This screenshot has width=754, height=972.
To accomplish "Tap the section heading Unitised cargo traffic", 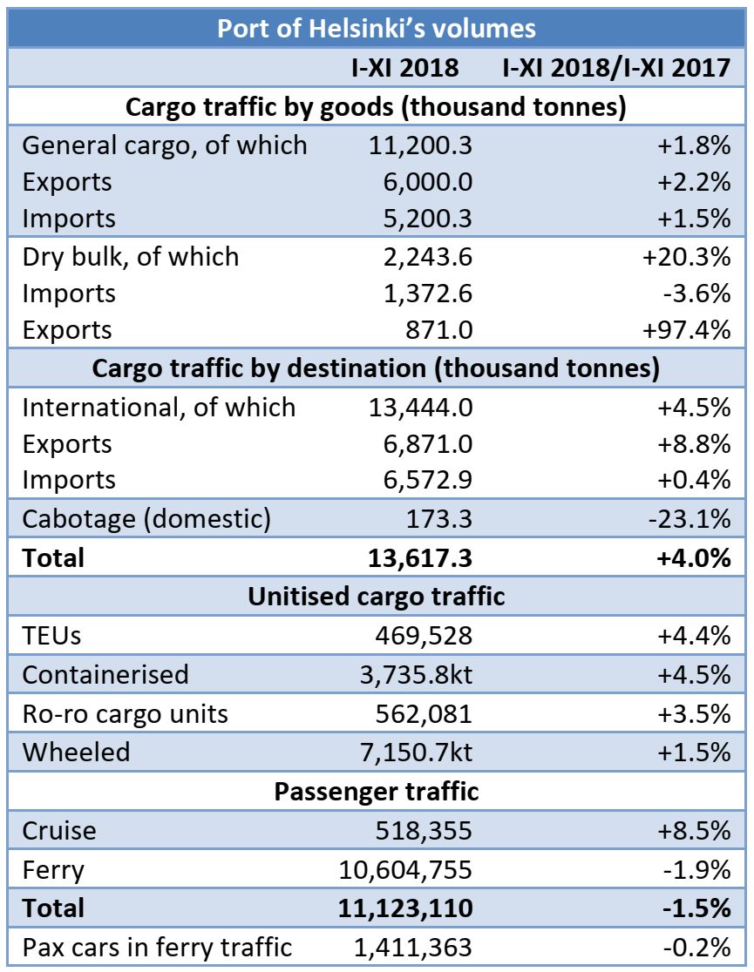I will tap(376, 597).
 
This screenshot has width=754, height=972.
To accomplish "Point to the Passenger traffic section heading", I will tap(376, 792).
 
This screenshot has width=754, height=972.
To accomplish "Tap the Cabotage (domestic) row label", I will tap(146, 520).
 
